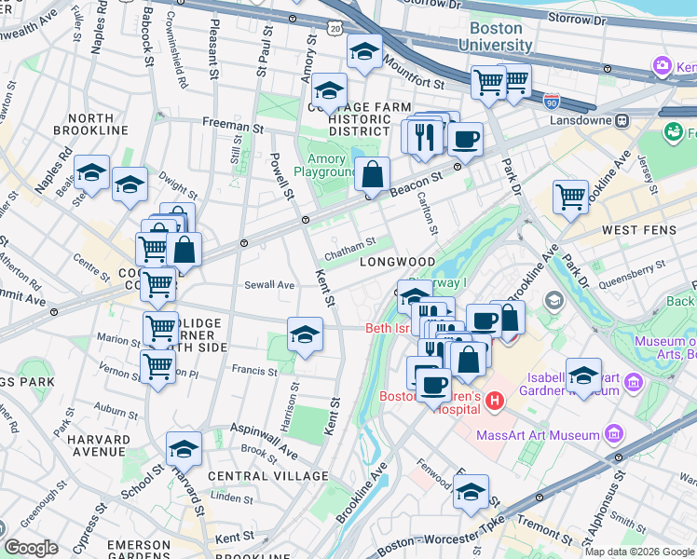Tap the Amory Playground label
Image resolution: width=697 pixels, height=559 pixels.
click(326, 165)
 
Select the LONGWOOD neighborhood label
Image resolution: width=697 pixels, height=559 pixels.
click(398, 262)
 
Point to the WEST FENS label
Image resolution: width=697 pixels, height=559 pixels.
click(633, 229)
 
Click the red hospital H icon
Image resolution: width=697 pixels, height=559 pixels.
click(495, 401)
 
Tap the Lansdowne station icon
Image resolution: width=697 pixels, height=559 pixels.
click(622, 120)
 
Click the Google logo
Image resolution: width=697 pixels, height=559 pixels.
click(31, 547)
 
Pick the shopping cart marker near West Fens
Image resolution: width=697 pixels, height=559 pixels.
click(570, 197)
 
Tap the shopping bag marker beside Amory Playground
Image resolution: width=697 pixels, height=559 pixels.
click(372, 173)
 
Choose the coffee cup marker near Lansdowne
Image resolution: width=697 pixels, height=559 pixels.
click(465, 139)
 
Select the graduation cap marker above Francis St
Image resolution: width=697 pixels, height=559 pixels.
click(305, 334)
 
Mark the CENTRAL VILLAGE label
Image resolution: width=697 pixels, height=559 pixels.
click(267, 476)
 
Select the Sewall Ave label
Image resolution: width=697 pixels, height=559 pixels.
click(269, 285)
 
